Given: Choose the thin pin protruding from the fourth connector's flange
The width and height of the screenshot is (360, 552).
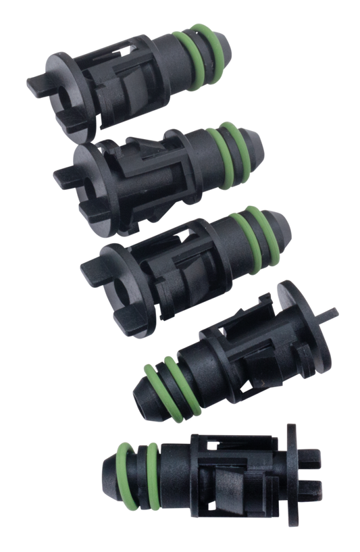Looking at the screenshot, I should coord(330,313).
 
